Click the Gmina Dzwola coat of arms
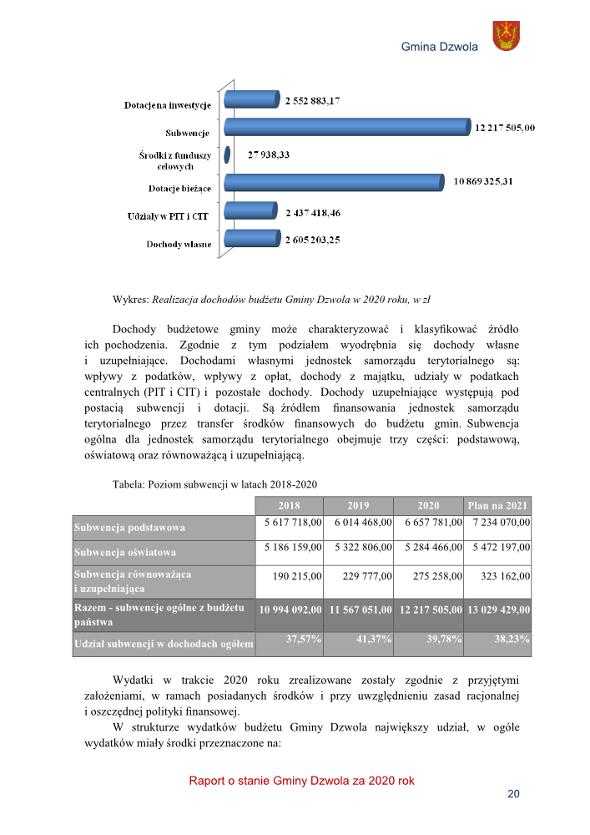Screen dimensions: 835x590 click(506, 36)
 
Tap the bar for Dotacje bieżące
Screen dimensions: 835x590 click(334, 182)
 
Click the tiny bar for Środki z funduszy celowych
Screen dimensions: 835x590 click(228, 154)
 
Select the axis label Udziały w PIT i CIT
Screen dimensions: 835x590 click(174, 217)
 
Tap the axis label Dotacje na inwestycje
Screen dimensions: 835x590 click(167, 106)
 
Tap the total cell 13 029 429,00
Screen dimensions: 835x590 click(497, 610)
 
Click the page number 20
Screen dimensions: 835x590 click(514, 794)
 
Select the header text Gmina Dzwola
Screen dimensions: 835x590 click(440, 47)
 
